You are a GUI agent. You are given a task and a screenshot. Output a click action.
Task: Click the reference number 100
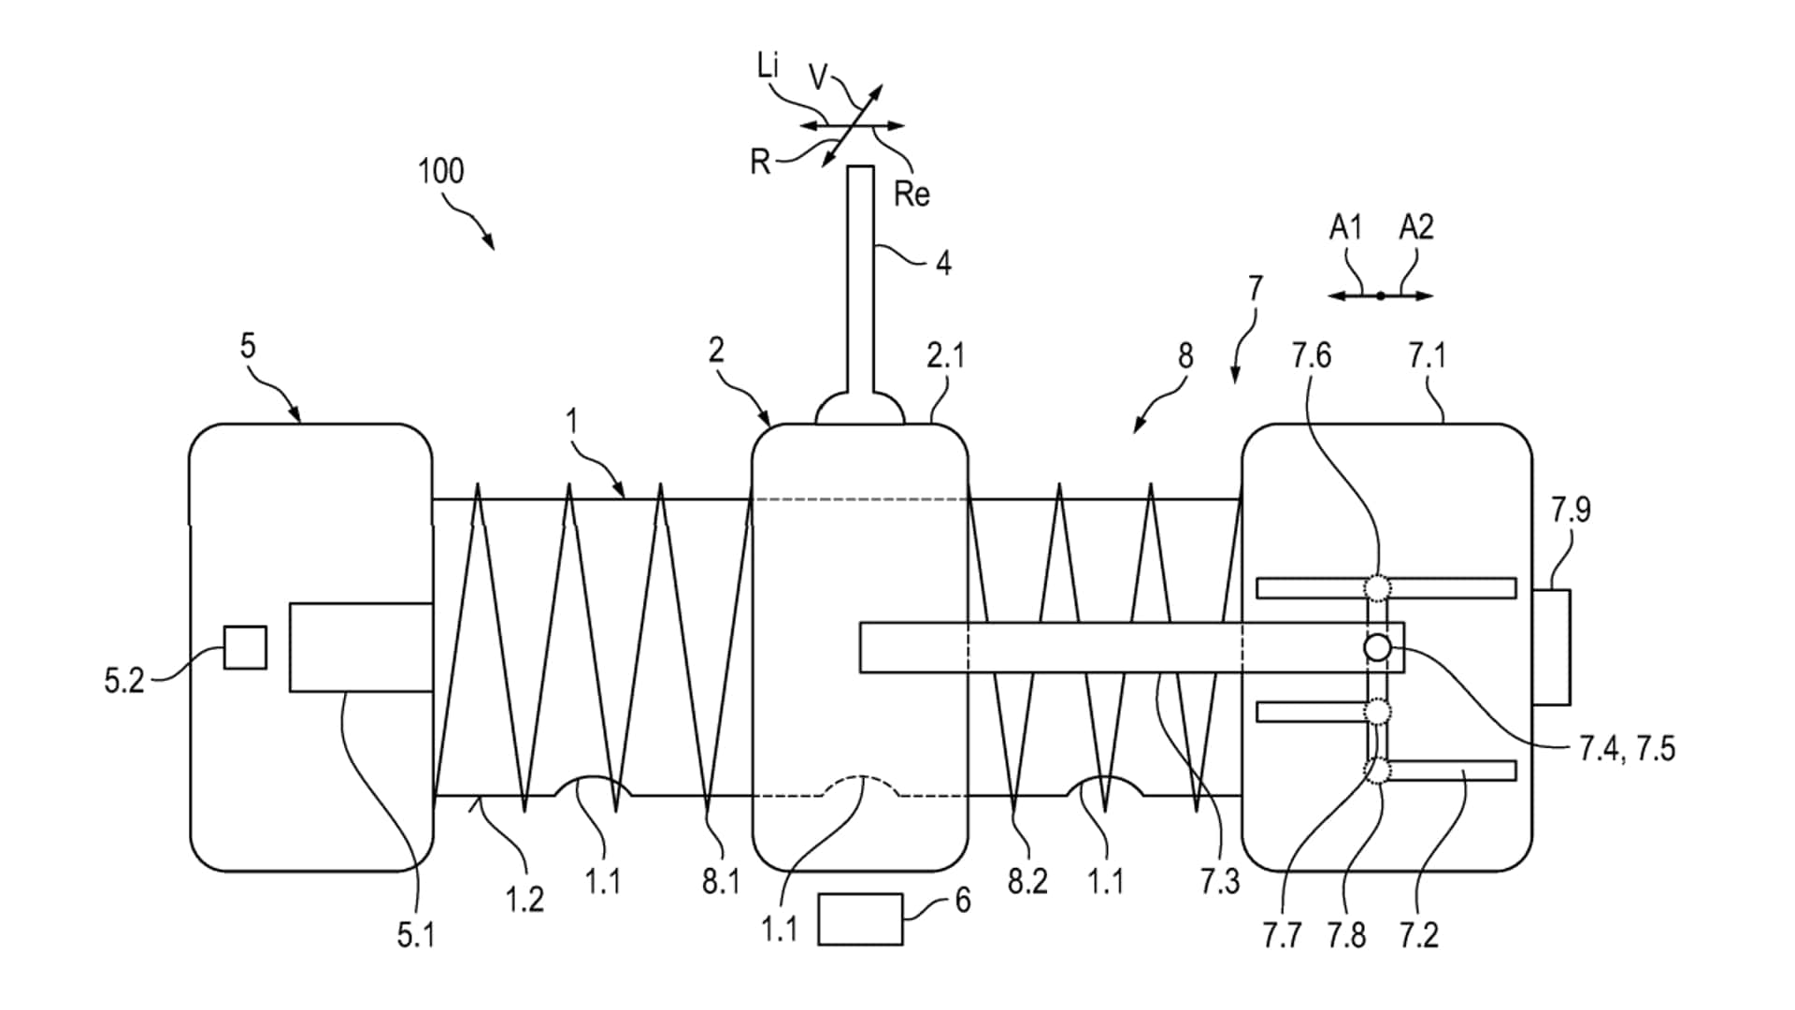pyautogui.click(x=440, y=171)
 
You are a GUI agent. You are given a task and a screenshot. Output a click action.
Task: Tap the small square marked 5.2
pyautogui.click(x=245, y=647)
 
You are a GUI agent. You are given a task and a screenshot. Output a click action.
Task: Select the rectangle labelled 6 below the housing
pyautogui.click(x=860, y=919)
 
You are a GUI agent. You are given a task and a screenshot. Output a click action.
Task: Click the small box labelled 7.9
pyautogui.click(x=1551, y=646)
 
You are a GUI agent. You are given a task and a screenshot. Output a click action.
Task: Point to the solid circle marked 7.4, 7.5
pyautogui.click(x=1377, y=647)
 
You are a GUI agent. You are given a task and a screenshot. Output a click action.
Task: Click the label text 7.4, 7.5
pyautogui.click(x=1627, y=749)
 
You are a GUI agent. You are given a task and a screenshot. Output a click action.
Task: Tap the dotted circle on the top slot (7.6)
pyautogui.click(x=1377, y=587)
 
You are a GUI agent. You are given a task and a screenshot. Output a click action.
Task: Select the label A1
pyautogui.click(x=1345, y=227)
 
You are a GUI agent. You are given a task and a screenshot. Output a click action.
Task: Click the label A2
pyautogui.click(x=1415, y=227)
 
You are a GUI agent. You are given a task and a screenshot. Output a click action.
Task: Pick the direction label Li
pyautogui.click(x=768, y=66)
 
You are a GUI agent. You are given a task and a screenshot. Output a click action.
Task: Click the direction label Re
pyautogui.click(x=912, y=195)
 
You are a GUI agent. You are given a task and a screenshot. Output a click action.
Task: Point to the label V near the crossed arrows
pyautogui.click(x=818, y=78)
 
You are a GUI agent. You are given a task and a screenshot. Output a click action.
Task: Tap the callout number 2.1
pyautogui.click(x=945, y=355)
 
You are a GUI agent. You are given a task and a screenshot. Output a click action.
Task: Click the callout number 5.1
pyautogui.click(x=415, y=935)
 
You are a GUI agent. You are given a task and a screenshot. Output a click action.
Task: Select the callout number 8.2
pyautogui.click(x=1027, y=881)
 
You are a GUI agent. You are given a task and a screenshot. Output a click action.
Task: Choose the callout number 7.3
pyautogui.click(x=1220, y=881)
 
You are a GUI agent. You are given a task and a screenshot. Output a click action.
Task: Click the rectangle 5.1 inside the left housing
pyautogui.click(x=361, y=647)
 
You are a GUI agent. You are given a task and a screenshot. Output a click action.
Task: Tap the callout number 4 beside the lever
pyautogui.click(x=943, y=264)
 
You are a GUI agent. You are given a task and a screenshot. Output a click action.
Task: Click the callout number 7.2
pyautogui.click(x=1418, y=935)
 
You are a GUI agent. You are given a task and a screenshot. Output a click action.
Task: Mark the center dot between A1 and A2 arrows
pyautogui.click(x=1381, y=296)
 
